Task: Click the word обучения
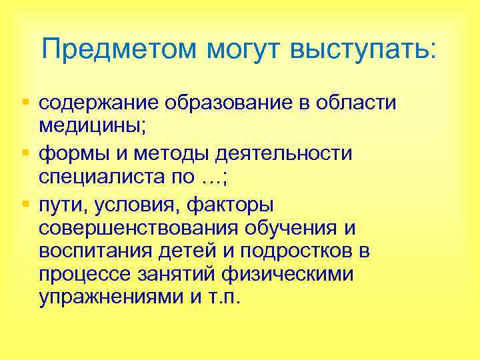294,228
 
